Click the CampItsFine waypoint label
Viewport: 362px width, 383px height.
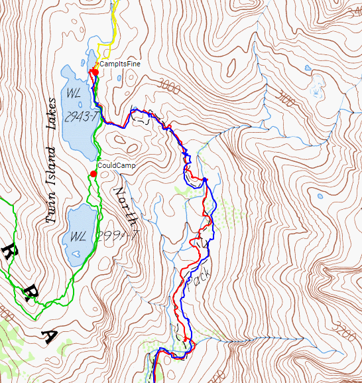point(120,64)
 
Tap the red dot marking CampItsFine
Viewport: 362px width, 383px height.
point(95,72)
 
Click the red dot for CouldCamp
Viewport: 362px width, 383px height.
point(93,174)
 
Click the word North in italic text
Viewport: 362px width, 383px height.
point(124,205)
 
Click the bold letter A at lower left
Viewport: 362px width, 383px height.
point(50,338)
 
